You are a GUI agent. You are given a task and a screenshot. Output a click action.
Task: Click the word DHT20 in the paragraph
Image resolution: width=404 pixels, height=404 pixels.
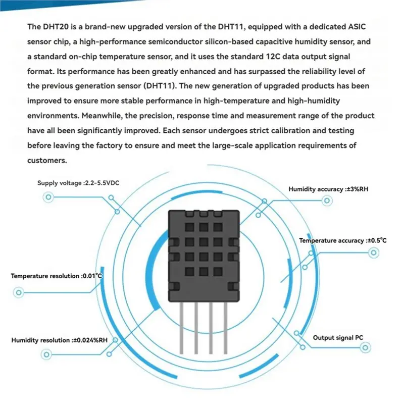(x=55, y=27)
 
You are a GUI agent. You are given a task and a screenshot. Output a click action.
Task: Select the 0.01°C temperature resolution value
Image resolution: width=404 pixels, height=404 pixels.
(x=92, y=276)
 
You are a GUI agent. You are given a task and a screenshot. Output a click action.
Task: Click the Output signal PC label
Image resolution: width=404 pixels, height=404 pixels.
(x=338, y=338)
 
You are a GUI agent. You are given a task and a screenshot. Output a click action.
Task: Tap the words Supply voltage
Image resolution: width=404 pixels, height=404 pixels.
(x=59, y=183)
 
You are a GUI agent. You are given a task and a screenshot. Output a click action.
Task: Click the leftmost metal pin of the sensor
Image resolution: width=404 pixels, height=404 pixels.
(x=181, y=328)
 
